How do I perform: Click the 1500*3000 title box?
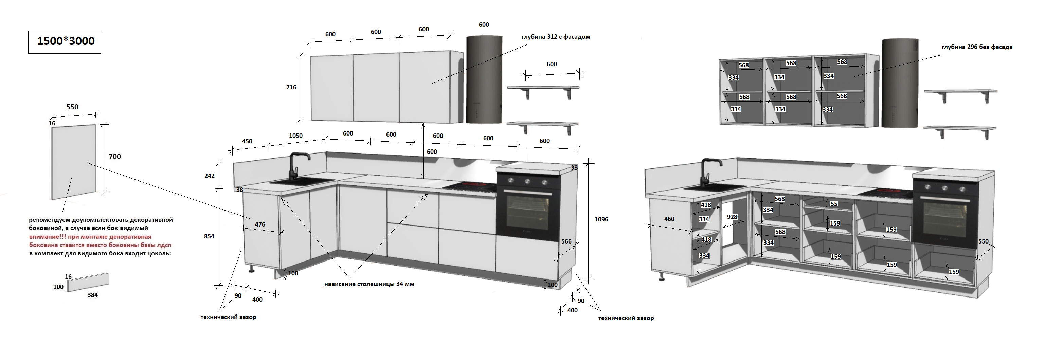(x=65, y=42)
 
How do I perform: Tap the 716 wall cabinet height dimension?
(x=291, y=87)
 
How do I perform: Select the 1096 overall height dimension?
(x=601, y=219)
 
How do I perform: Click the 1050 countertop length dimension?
(x=295, y=136)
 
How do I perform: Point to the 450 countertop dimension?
(x=247, y=141)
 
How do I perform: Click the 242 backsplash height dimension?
(x=209, y=176)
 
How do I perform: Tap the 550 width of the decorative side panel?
(x=72, y=107)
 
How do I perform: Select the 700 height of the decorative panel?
(x=115, y=157)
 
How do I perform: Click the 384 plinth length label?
(x=92, y=295)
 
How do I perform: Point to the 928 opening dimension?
(x=732, y=217)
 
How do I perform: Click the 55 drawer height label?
(x=834, y=204)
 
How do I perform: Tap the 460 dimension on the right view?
(x=669, y=219)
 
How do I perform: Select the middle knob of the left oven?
(x=527, y=181)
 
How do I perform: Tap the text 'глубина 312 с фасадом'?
(x=555, y=37)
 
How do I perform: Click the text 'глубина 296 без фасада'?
(x=977, y=47)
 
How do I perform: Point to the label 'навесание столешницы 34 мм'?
(x=369, y=284)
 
